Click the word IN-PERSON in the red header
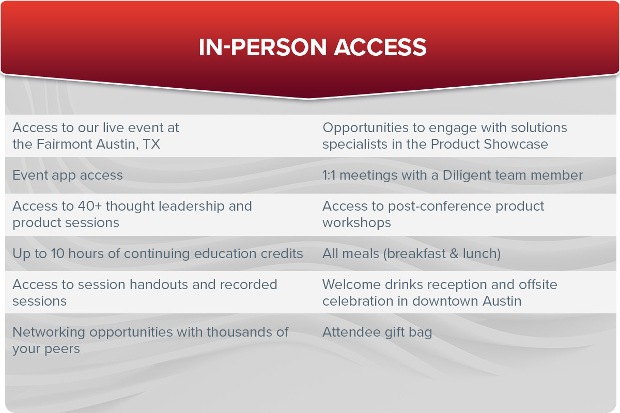pos(262,47)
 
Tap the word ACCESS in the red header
pos(380,47)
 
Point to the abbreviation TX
pos(152,144)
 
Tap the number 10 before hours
pos(57,253)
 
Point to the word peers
pos(62,350)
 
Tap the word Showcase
pos(516,144)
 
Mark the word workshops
pos(357,223)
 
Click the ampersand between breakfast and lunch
pos(454,253)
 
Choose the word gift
pos(394,332)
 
